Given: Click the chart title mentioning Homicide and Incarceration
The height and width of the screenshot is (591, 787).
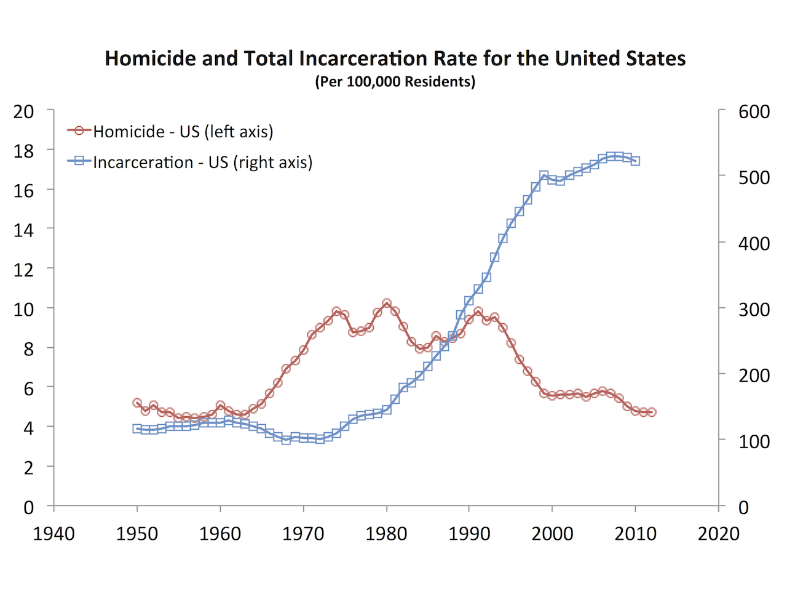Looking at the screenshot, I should pos(395,58).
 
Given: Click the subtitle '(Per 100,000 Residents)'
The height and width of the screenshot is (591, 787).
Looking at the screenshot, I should pos(395,82).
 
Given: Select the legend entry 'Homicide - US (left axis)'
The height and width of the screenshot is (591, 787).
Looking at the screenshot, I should pos(183,132).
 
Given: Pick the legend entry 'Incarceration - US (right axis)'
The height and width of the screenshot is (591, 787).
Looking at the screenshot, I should pos(202,163).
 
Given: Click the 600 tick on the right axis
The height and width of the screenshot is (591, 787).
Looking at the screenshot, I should pos(754,111).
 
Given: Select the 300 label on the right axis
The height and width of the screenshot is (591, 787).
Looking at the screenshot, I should pos(754,309).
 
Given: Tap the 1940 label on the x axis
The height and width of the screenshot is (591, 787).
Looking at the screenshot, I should pos(54,533).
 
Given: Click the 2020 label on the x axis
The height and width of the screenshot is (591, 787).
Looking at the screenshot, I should pos(718,533).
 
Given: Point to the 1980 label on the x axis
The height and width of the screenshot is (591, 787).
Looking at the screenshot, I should pos(386,533).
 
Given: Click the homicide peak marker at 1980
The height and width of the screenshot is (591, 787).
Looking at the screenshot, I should pos(387,304).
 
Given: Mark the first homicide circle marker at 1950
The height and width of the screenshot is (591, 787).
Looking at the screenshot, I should pos(137,403).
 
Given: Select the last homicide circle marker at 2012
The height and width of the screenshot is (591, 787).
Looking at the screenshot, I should pos(652,412).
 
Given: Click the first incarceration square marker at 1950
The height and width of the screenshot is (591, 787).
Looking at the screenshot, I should pos(137,428).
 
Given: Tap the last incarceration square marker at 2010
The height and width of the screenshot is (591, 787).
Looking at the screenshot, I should pos(635,161).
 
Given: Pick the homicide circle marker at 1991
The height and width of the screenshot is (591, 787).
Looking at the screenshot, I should pos(478,312).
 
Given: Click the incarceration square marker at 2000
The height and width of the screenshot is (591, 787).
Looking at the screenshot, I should pos(552,179).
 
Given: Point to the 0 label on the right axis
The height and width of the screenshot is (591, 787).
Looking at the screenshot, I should pos(743,507).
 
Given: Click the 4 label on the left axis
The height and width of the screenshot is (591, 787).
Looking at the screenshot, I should pos(28,427).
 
